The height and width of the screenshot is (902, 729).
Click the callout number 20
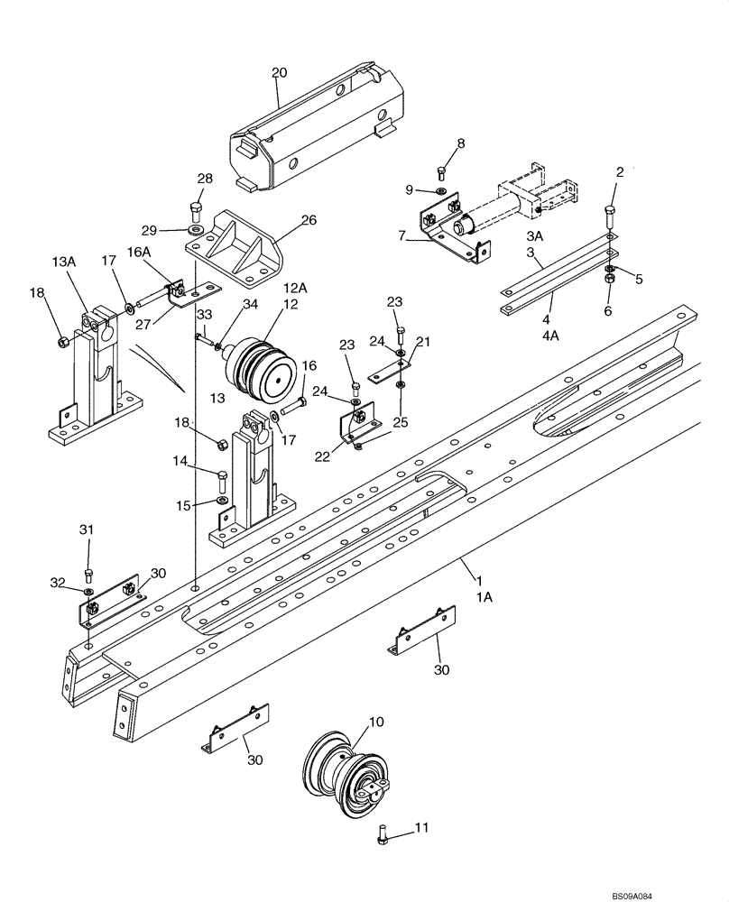coord(278,73)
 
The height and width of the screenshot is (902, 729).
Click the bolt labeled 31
coord(88,574)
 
